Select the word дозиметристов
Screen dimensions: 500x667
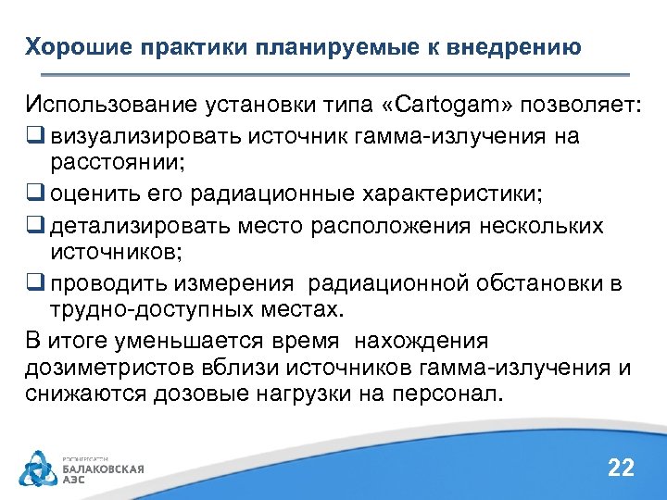tap(94, 369)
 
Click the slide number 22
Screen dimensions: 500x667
tap(620, 468)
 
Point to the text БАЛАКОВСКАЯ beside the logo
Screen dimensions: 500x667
tap(103, 469)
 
